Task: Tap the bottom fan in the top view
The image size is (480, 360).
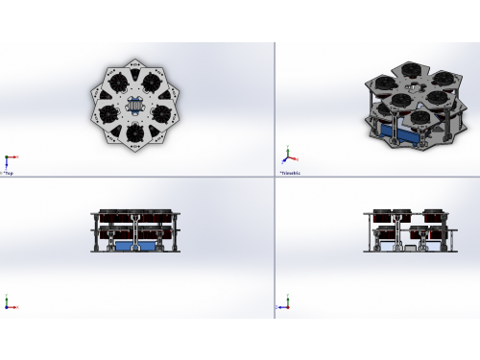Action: [135, 132]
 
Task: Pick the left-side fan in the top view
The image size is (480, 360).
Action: [108, 113]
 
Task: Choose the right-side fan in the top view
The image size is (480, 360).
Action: [162, 113]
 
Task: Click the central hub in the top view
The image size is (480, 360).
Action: [135, 107]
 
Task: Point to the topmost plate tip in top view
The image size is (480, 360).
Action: [135, 61]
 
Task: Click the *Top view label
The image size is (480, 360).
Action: [9, 173]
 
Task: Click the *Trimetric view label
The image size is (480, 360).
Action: [290, 173]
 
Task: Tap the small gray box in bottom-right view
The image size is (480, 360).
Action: [412, 249]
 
